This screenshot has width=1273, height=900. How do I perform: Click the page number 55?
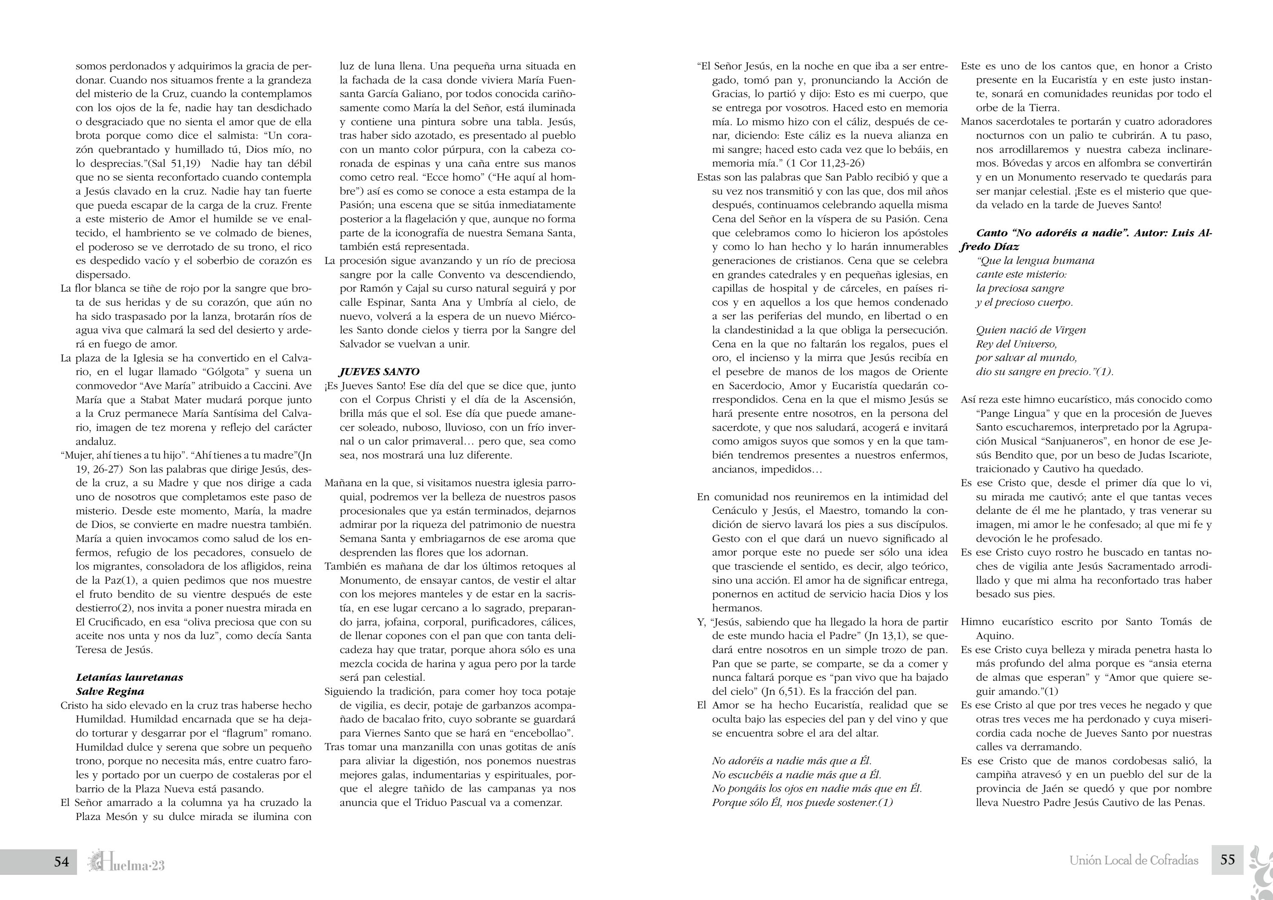(1227, 860)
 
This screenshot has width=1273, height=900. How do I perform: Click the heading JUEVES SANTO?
(379, 372)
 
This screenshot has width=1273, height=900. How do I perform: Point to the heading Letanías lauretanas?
(129, 677)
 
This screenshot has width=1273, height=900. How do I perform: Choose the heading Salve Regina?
(110, 691)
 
